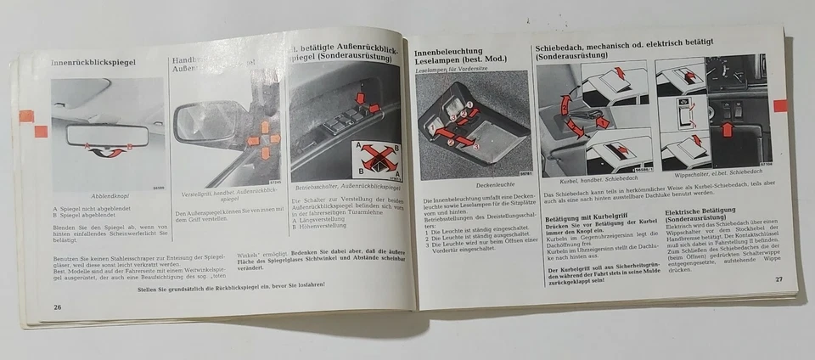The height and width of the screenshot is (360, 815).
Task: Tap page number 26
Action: [57, 306]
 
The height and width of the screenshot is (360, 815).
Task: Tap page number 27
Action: [778, 279]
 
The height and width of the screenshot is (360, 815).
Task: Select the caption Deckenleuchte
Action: [471, 183]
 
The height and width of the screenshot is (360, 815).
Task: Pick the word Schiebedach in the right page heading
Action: [570, 40]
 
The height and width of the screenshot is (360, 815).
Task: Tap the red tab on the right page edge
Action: [779, 105]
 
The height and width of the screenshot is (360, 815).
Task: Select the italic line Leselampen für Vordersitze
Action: [452, 71]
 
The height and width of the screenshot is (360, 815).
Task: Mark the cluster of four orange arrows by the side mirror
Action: [264, 138]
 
